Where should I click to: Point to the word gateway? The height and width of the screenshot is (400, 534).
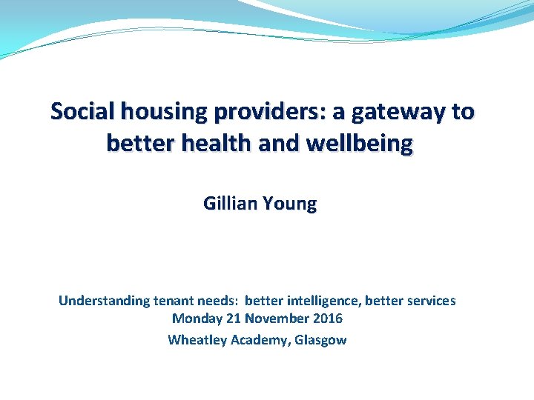coord(395,112)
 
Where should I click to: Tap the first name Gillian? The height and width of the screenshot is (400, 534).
coord(229,204)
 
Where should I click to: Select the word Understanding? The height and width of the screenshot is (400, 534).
coord(104,301)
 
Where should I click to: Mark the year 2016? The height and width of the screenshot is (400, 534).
coord(327,319)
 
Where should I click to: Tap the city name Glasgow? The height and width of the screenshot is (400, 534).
coord(320,340)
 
